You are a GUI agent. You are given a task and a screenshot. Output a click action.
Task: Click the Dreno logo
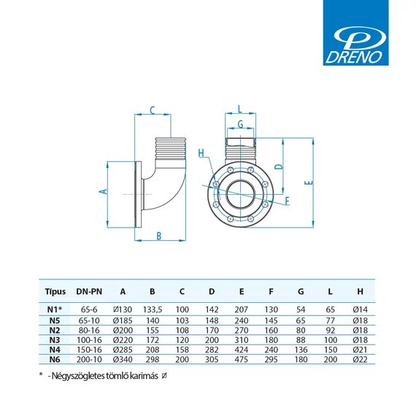[355, 33]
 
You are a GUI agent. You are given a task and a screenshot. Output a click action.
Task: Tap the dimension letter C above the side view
[153, 110]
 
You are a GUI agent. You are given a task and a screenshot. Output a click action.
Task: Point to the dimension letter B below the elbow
[158, 236]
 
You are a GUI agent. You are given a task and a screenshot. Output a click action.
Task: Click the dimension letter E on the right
[309, 182]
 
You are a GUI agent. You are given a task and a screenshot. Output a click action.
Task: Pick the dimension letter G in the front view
[240, 124]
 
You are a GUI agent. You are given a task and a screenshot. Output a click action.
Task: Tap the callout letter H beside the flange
[201, 153]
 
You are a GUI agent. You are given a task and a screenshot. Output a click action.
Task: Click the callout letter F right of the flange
[287, 201]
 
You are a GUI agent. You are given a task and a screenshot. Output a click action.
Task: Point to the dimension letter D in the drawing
[279, 167]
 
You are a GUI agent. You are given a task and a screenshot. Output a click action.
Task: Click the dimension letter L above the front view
[240, 109]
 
